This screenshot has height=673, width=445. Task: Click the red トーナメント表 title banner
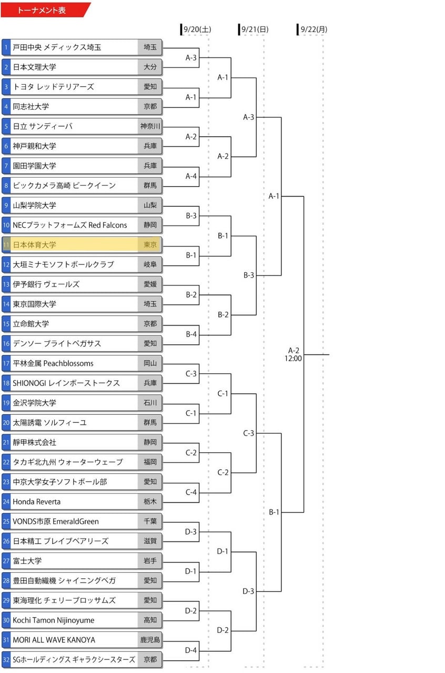pyautogui.click(x=45, y=10)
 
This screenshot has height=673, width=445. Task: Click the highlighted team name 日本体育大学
pyautogui.click(x=34, y=245)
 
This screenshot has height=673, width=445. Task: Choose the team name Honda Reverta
pyautogui.click(x=36, y=502)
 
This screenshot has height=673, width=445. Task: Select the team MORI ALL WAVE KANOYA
pyautogui.click(x=54, y=640)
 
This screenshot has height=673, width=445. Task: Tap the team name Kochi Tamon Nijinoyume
pyautogui.click(x=53, y=620)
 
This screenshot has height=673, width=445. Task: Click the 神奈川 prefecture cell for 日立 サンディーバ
pyautogui.click(x=150, y=126)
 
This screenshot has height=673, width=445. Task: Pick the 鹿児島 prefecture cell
pyautogui.click(x=150, y=640)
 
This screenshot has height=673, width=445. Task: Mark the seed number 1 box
pyautogui.click(x=6, y=47)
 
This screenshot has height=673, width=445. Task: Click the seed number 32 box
pyautogui.click(x=6, y=660)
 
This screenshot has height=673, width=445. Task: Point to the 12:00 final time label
pyautogui.click(x=293, y=359)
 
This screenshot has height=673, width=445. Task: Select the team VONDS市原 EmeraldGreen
pyautogui.click(x=56, y=521)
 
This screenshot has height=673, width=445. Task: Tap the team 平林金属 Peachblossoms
pyautogui.click(x=53, y=363)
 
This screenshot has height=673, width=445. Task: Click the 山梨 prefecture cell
pyautogui.click(x=150, y=205)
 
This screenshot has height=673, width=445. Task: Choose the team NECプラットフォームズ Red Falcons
pyautogui.click(x=70, y=225)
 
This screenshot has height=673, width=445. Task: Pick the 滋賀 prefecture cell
pyautogui.click(x=150, y=541)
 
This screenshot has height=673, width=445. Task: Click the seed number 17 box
pyautogui.click(x=6, y=363)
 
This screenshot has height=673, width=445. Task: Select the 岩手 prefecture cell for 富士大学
pyautogui.click(x=150, y=561)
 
